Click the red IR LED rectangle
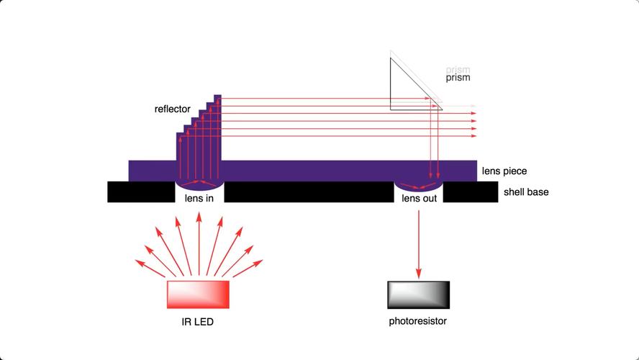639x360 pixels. (198, 294)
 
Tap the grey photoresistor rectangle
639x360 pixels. (418, 294)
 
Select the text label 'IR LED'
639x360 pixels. (198, 322)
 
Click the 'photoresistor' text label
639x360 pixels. (418, 321)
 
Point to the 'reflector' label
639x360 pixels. (172, 109)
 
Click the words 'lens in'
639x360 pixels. (200, 199)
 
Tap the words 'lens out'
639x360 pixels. (419, 199)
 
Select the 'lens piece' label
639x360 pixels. (504, 171)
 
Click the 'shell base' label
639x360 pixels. (526, 192)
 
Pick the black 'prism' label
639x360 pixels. (458, 77)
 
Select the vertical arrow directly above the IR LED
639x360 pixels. (199, 245)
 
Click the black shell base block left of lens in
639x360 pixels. (141, 192)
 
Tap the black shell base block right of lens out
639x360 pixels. (470, 192)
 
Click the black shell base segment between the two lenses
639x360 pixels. (309, 192)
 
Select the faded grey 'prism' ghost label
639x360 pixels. (458, 69)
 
